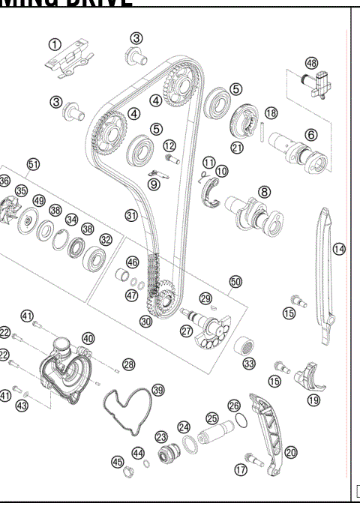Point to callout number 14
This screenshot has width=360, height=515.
pos(339,248)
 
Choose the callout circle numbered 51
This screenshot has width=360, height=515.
pos(32,163)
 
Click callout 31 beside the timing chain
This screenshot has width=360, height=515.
pos(131,215)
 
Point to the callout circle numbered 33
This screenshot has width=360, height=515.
pos(249,364)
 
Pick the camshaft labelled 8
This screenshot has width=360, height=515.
pos(255,211)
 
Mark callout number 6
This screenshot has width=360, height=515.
pos(310,135)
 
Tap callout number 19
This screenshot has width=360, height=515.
pos(313,400)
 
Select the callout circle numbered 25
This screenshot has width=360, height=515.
pos(211,418)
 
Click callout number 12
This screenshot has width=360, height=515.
pos(169,145)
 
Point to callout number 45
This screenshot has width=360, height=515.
pos(117,462)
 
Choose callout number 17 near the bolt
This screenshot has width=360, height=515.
pos(241,469)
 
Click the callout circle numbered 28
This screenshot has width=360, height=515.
pos(129,364)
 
